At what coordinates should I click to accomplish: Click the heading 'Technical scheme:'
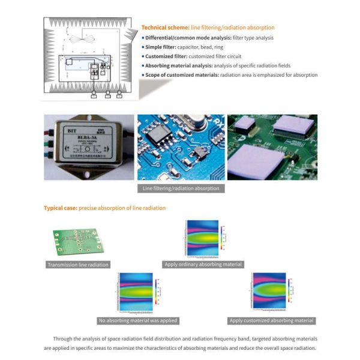click(165, 28)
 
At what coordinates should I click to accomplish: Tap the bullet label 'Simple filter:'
click(161, 47)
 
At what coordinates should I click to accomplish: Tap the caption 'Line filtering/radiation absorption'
click(181, 188)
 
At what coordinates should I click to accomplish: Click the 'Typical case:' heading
click(60, 208)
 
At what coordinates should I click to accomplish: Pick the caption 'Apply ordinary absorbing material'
click(203, 265)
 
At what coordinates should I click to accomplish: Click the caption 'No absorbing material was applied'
click(137, 320)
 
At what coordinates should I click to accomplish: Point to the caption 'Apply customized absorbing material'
click(272, 320)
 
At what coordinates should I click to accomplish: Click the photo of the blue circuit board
click(181, 147)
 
